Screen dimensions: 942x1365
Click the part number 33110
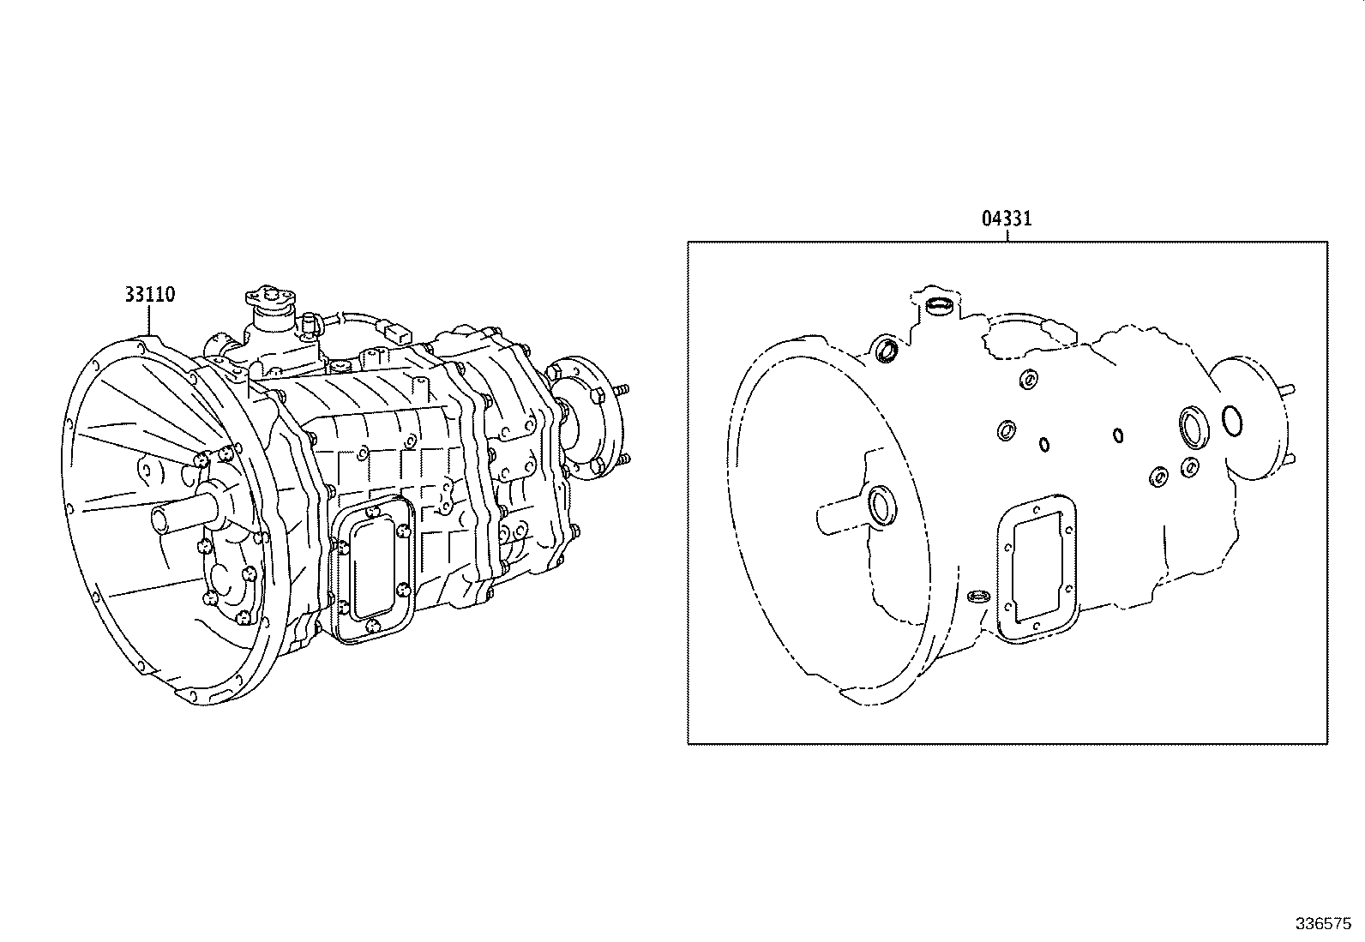pyautogui.click(x=149, y=295)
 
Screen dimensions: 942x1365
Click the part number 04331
pyautogui.click(x=1007, y=219)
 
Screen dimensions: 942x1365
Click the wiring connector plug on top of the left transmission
pyautogui.click(x=396, y=332)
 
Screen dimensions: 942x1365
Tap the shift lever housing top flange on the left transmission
pyautogui.click(x=269, y=298)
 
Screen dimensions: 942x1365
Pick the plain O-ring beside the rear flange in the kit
pyautogui.click(x=1234, y=421)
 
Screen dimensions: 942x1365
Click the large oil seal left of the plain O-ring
pyautogui.click(x=1192, y=426)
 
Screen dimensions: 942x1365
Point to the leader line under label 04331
pyautogui.click(x=1007, y=235)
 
